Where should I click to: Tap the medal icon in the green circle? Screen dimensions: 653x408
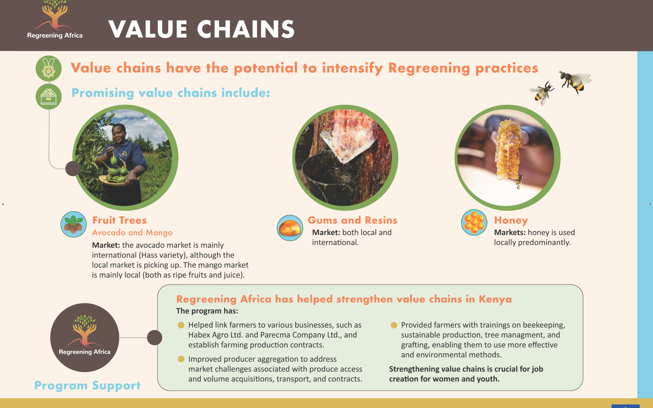(x=49, y=68)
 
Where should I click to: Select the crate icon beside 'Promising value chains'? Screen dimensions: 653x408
(x=49, y=97)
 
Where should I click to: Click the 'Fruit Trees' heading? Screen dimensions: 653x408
(x=119, y=220)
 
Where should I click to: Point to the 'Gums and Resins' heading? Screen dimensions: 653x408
(x=353, y=220)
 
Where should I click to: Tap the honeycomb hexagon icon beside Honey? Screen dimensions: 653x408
(x=474, y=222)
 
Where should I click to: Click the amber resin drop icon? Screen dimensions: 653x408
(x=290, y=228)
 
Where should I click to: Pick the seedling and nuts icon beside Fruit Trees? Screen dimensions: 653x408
(x=73, y=224)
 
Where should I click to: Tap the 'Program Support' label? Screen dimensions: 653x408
(x=88, y=386)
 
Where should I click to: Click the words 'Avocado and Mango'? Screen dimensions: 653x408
(x=132, y=233)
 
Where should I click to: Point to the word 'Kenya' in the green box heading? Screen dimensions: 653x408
(x=495, y=299)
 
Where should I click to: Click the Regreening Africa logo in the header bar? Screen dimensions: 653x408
(x=55, y=19)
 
